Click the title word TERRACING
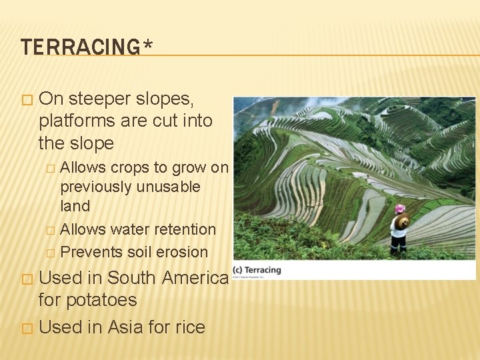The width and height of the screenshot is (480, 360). pyautogui.click(x=79, y=47)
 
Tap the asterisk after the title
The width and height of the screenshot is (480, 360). pyautogui.click(x=147, y=45)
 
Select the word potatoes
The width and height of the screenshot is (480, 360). pyautogui.click(x=101, y=300)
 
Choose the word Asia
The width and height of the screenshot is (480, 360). pyautogui.click(x=135, y=327)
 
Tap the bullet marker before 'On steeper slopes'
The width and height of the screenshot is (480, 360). pyautogui.click(x=26, y=100)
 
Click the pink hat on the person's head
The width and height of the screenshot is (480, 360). pyautogui.click(x=400, y=209)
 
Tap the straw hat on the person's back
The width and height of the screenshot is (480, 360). pyautogui.click(x=401, y=222)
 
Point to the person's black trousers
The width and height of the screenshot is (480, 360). pyautogui.click(x=399, y=245)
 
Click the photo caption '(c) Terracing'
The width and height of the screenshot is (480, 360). pyautogui.click(x=257, y=270)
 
